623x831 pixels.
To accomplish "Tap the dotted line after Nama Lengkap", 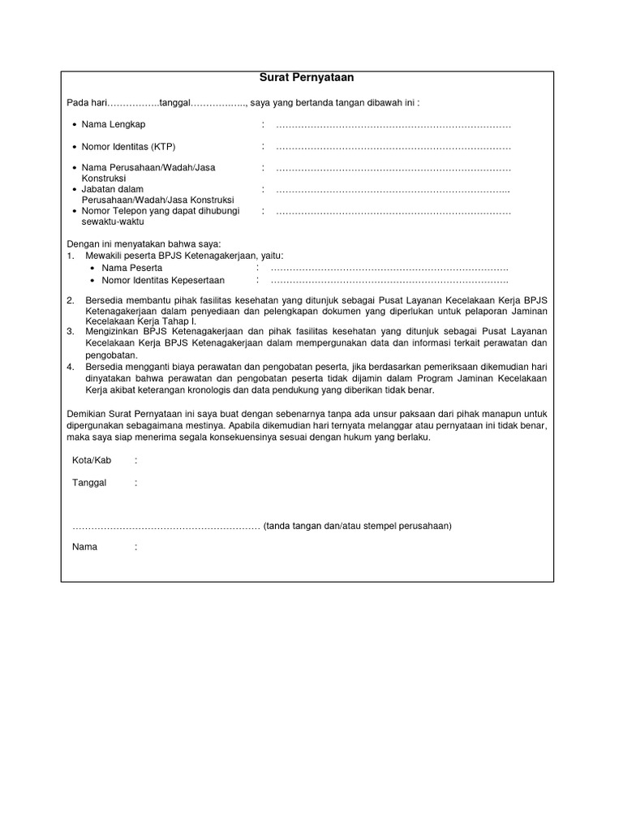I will point(393,125).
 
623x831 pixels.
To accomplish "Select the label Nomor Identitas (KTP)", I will point(128,147).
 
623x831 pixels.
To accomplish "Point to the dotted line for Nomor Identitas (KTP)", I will point(393,148).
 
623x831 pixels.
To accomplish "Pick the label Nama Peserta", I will point(131,268).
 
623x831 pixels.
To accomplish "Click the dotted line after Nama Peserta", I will point(389,269).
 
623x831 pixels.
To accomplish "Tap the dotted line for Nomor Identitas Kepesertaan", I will point(389,282).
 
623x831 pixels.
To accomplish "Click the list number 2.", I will point(71,301).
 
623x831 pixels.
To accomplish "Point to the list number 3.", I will point(71,332).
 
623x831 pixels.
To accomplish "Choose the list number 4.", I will point(71,367).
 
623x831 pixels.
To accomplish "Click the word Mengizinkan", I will point(114,332).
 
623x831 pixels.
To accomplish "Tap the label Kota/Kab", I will point(92,460).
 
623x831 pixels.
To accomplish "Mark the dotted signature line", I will point(165,527).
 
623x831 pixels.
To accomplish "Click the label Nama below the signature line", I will point(84,547).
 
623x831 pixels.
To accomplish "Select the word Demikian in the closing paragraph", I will point(86,414).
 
